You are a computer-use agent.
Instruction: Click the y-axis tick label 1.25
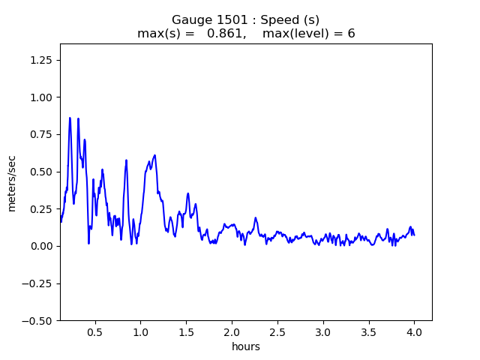[42, 60]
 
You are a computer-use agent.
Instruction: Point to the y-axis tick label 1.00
[42, 97]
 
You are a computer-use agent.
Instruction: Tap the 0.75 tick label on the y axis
[42, 134]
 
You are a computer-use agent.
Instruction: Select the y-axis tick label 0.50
[42, 172]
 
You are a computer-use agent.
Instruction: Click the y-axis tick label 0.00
[42, 246]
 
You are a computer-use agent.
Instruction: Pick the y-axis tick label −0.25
[39, 283]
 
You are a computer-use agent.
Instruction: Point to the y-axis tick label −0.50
[39, 320]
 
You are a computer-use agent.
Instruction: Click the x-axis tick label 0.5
[94, 331]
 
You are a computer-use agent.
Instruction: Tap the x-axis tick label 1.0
[140, 331]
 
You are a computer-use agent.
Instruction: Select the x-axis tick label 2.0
[232, 331]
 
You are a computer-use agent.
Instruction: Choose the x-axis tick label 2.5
[277, 331]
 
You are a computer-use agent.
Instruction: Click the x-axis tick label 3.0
[323, 331]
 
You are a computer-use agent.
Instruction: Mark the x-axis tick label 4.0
[414, 331]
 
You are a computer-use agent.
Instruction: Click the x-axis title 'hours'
[246, 346]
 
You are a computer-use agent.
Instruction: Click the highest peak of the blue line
[70, 118]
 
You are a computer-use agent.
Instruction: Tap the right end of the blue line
[414, 235]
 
